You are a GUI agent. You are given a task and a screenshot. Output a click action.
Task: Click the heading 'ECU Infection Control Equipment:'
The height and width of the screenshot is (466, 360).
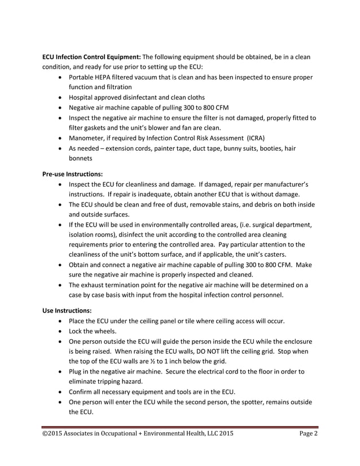pyautogui.click(x=92, y=56)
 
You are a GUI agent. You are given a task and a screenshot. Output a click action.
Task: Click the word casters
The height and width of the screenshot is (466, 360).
pyautogui.click(x=280, y=255)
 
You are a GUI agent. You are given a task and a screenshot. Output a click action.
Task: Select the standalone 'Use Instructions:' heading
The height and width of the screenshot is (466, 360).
pyautogui.click(x=65, y=310)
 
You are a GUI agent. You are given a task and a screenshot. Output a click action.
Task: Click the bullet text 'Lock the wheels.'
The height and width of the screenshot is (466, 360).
pyautogui.click(x=93, y=331)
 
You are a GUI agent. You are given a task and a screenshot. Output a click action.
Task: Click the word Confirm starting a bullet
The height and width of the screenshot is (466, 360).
pyautogui.click(x=83, y=392)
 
